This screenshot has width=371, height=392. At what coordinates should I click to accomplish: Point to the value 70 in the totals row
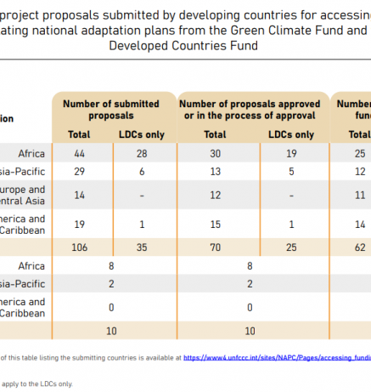click(215, 247)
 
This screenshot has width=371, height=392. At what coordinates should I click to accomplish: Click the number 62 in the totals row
click(360, 247)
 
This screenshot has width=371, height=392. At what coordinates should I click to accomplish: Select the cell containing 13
click(215, 171)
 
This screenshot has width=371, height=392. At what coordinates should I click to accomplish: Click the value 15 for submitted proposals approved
click(215, 224)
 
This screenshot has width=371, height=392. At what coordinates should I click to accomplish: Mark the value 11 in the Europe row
click(360, 195)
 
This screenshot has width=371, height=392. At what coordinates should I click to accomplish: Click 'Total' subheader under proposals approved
click(215, 134)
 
